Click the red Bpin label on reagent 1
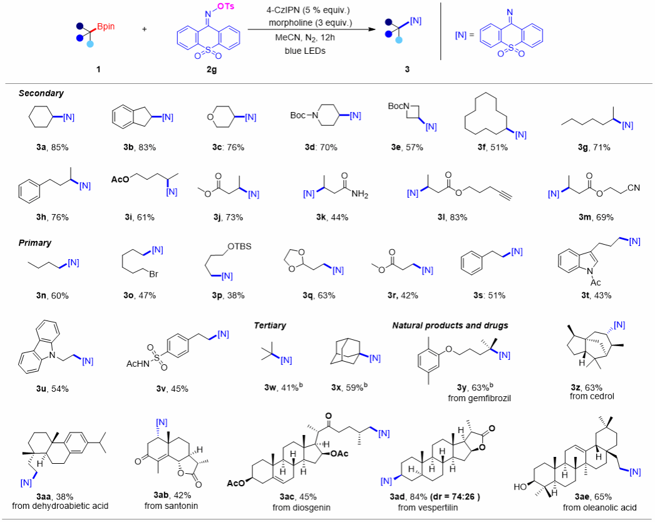[106, 27]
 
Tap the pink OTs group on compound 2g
[225, 6]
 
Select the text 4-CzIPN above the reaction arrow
[283, 9]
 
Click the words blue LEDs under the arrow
[305, 51]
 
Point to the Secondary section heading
[41, 93]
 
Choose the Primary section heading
[34, 243]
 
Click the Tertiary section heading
[270, 325]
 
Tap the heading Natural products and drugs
[450, 325]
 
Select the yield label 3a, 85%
[52, 147]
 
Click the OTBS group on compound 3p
[239, 247]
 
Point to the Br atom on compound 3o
[153, 274]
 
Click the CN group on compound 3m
[633, 188]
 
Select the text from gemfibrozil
[479, 398]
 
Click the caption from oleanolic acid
[599, 508]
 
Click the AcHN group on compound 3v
[138, 364]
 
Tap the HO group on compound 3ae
[520, 487]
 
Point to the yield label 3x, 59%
[349, 387]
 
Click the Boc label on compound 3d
[298, 115]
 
